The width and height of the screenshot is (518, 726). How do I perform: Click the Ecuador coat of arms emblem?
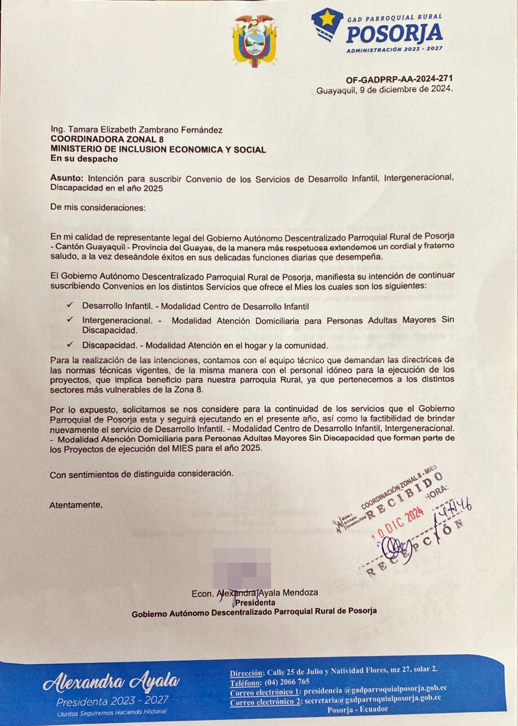(x=254, y=41)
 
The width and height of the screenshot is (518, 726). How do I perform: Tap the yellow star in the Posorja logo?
(x=326, y=19)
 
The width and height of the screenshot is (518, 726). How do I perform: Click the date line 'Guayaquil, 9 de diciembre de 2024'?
(x=384, y=90)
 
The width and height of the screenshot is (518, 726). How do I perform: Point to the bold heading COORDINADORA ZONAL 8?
(x=107, y=139)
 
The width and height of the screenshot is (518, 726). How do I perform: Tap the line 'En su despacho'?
(x=84, y=159)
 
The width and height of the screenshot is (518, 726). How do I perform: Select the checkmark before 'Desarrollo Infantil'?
(x=70, y=306)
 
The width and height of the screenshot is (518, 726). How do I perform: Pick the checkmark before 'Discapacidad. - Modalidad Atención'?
(x=70, y=344)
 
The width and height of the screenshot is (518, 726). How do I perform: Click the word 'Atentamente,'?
(x=76, y=505)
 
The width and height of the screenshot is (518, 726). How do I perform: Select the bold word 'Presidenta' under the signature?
(x=255, y=603)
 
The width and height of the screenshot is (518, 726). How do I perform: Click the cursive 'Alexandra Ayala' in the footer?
(x=112, y=682)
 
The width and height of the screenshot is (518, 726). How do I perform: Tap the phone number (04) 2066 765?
(x=288, y=682)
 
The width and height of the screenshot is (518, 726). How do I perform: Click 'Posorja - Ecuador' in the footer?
(x=358, y=709)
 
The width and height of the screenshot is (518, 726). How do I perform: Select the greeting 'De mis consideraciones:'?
(x=98, y=208)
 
